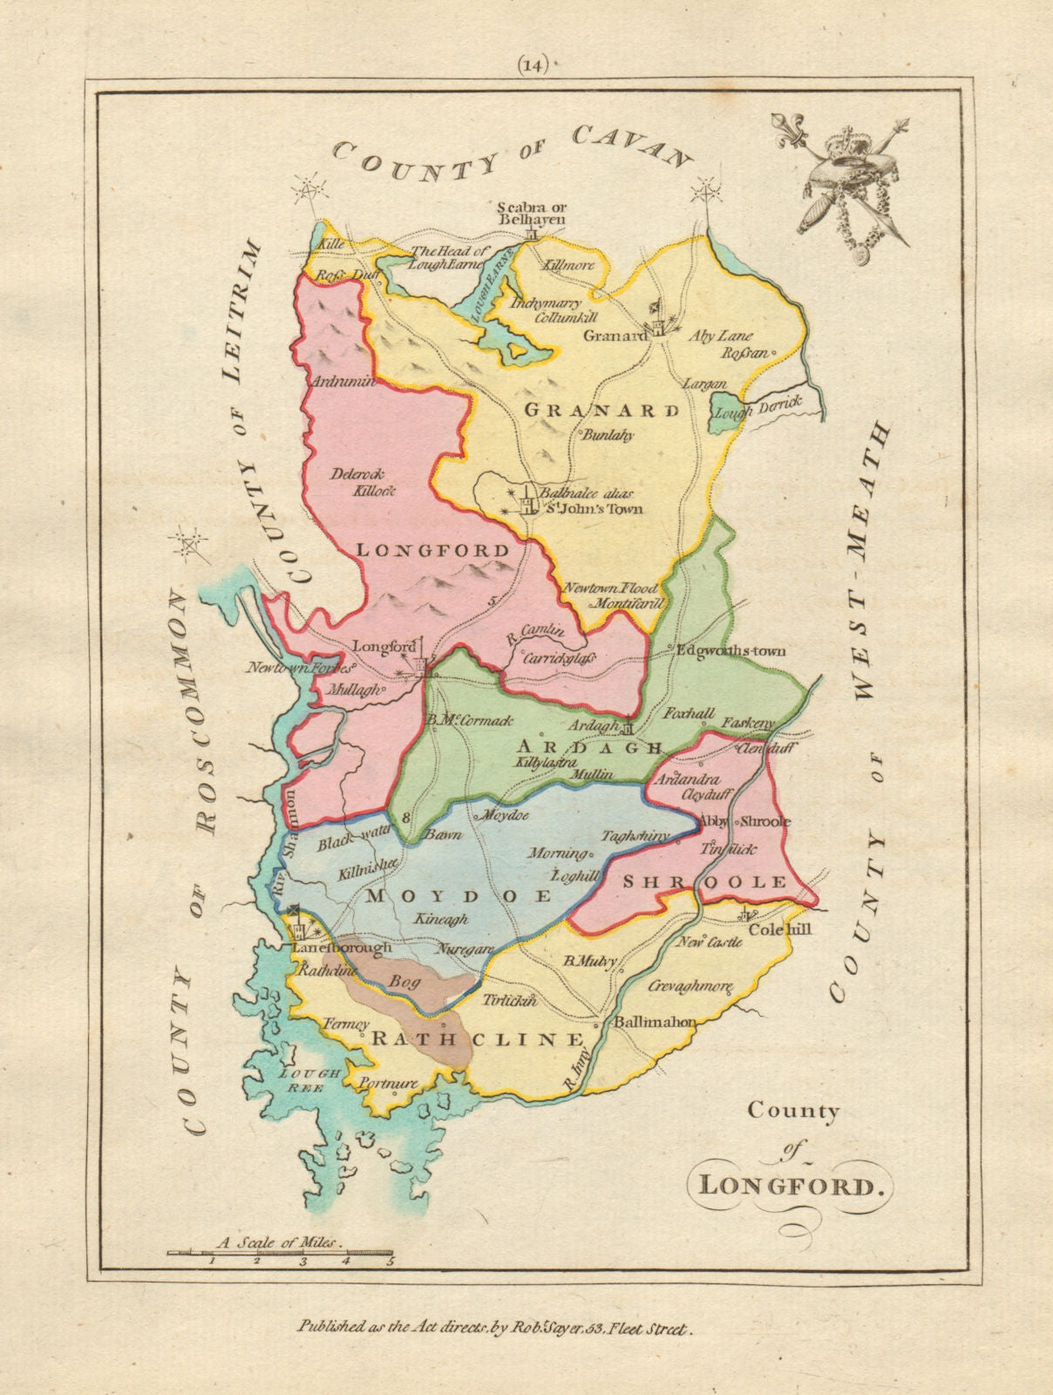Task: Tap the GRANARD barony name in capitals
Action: (601, 410)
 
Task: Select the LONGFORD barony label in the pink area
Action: (431, 550)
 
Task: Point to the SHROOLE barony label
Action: (705, 882)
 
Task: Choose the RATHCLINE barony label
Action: (478, 1039)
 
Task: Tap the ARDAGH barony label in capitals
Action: (590, 746)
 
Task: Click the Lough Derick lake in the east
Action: (728, 407)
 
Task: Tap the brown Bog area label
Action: (405, 981)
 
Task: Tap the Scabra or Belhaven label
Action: (531, 214)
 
